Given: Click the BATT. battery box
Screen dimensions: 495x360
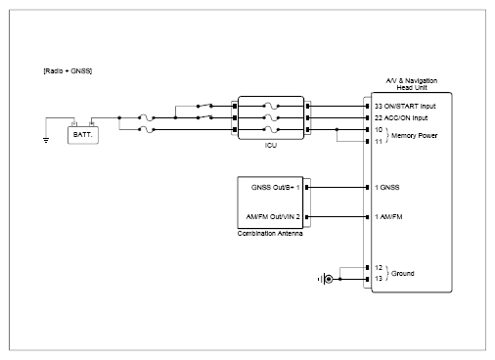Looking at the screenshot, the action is [x=83, y=135].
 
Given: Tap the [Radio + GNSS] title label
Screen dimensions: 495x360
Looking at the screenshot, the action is [x=67, y=71].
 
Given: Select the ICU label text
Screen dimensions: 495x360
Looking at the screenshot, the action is [x=271, y=145].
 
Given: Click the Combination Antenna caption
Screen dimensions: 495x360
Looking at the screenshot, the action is [x=270, y=234].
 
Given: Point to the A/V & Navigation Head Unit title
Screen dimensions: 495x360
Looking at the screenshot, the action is [x=412, y=84].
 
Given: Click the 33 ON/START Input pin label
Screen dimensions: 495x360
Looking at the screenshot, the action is [x=405, y=107].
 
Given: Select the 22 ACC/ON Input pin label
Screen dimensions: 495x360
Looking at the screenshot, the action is [x=401, y=118].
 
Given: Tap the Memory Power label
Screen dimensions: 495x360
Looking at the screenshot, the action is [x=414, y=136].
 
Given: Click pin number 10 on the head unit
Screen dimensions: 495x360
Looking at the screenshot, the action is [x=379, y=130].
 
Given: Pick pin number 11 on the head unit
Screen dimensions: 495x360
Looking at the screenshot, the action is [x=379, y=142].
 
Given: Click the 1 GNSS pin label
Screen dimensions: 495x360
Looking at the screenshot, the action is [x=387, y=188].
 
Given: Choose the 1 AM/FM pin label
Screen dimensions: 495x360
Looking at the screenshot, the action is [x=388, y=217].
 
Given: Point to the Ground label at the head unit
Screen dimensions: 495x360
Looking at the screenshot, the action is [x=403, y=274].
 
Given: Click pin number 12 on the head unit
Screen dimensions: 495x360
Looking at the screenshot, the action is [x=379, y=268].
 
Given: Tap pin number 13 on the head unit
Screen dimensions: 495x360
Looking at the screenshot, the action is [x=379, y=279].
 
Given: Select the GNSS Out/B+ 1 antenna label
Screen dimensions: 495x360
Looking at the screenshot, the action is [x=276, y=188].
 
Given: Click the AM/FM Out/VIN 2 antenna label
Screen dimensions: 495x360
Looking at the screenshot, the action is [x=273, y=217].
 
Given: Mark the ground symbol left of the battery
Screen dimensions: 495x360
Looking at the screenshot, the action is [x=46, y=140].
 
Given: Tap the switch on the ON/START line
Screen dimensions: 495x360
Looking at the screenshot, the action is [x=204, y=106].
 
